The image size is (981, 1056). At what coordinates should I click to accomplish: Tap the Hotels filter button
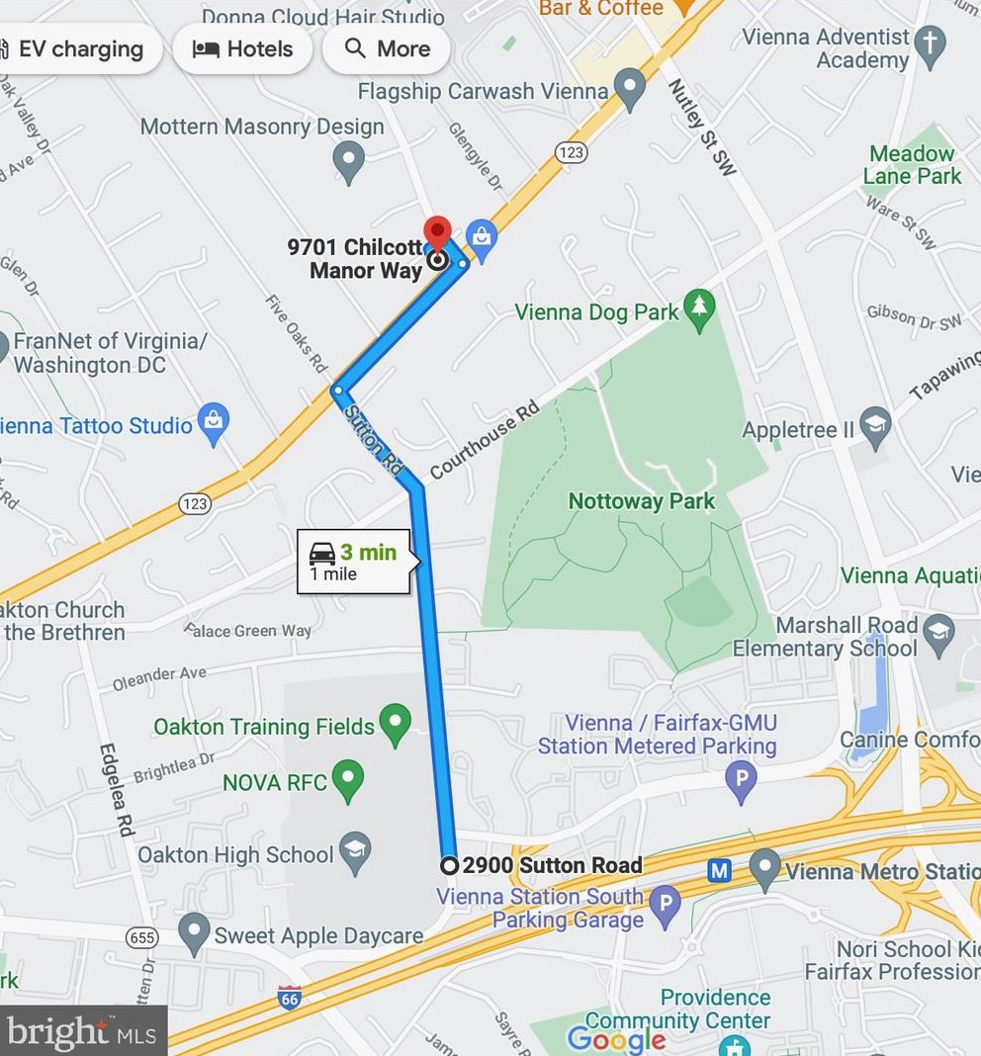[242, 48]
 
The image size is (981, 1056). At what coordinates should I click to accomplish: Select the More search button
[387, 48]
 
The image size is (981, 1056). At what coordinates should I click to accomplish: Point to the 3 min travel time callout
[354, 563]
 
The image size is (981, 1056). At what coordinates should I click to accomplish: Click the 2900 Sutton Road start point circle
[449, 865]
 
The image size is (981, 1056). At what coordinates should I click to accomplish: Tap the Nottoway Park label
[641, 501]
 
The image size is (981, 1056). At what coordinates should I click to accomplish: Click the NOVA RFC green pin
[347, 780]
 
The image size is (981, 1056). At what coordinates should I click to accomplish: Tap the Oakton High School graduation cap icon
[355, 851]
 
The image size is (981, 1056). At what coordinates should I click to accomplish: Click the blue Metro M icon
[720, 870]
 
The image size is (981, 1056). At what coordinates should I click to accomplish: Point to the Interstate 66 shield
[290, 997]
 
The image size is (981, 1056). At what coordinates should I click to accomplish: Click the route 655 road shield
[142, 935]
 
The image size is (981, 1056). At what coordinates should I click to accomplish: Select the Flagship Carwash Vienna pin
[629, 90]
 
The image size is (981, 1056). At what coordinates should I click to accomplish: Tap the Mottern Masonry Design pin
[348, 160]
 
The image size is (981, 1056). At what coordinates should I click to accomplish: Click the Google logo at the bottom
[616, 1038]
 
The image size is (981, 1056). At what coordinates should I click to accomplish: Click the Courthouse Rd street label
[485, 440]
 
